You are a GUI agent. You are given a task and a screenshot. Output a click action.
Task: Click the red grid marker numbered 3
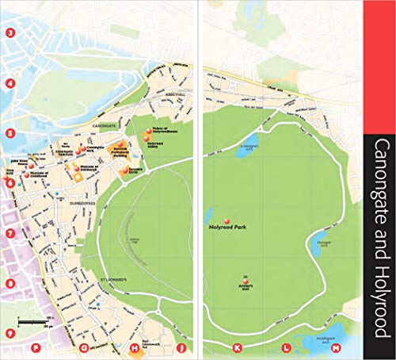click(x=10, y=33)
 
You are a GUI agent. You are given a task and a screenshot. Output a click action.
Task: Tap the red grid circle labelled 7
click(x=10, y=234)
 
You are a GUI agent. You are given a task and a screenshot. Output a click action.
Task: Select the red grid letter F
click(x=35, y=347)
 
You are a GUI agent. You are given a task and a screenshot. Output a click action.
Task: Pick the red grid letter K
click(x=237, y=347)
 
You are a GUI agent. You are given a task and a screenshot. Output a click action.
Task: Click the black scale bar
click(x=34, y=321)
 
